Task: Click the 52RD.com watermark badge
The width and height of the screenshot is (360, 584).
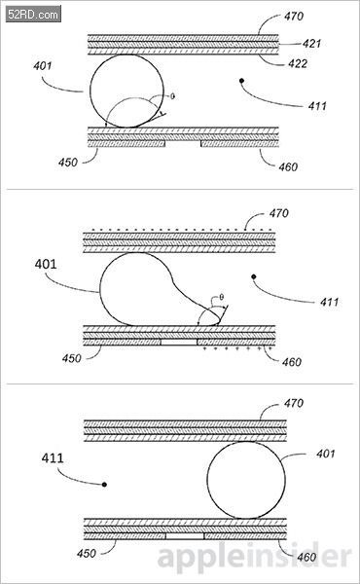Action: (x=33, y=15)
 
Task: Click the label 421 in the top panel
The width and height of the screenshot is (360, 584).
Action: (x=311, y=44)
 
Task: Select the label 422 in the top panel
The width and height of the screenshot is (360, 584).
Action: (x=298, y=63)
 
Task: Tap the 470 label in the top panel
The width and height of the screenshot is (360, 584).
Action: (x=294, y=17)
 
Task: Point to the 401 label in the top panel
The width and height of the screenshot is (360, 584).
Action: (x=43, y=66)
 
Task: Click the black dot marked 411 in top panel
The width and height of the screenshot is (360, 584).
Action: (x=241, y=81)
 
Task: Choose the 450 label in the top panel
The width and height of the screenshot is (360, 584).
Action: (x=68, y=163)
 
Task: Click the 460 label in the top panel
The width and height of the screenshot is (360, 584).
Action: (x=288, y=166)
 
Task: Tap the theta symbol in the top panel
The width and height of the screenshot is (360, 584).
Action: (x=172, y=96)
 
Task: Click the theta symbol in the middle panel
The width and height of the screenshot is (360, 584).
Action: (x=222, y=297)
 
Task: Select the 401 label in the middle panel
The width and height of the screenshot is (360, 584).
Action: (x=46, y=265)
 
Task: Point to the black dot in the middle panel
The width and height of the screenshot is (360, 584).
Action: (x=254, y=276)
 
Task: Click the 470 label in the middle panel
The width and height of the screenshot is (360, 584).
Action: (x=279, y=213)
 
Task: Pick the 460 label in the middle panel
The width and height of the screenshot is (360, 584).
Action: (x=292, y=362)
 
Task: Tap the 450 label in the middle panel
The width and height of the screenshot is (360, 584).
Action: (x=71, y=358)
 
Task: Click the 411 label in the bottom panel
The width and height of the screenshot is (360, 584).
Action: (x=53, y=457)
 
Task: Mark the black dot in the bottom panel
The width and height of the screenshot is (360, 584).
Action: (x=105, y=485)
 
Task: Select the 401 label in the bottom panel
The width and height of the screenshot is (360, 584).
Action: (x=326, y=454)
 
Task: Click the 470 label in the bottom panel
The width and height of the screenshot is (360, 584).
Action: (x=294, y=403)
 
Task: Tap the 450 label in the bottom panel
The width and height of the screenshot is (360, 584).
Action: (x=87, y=553)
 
